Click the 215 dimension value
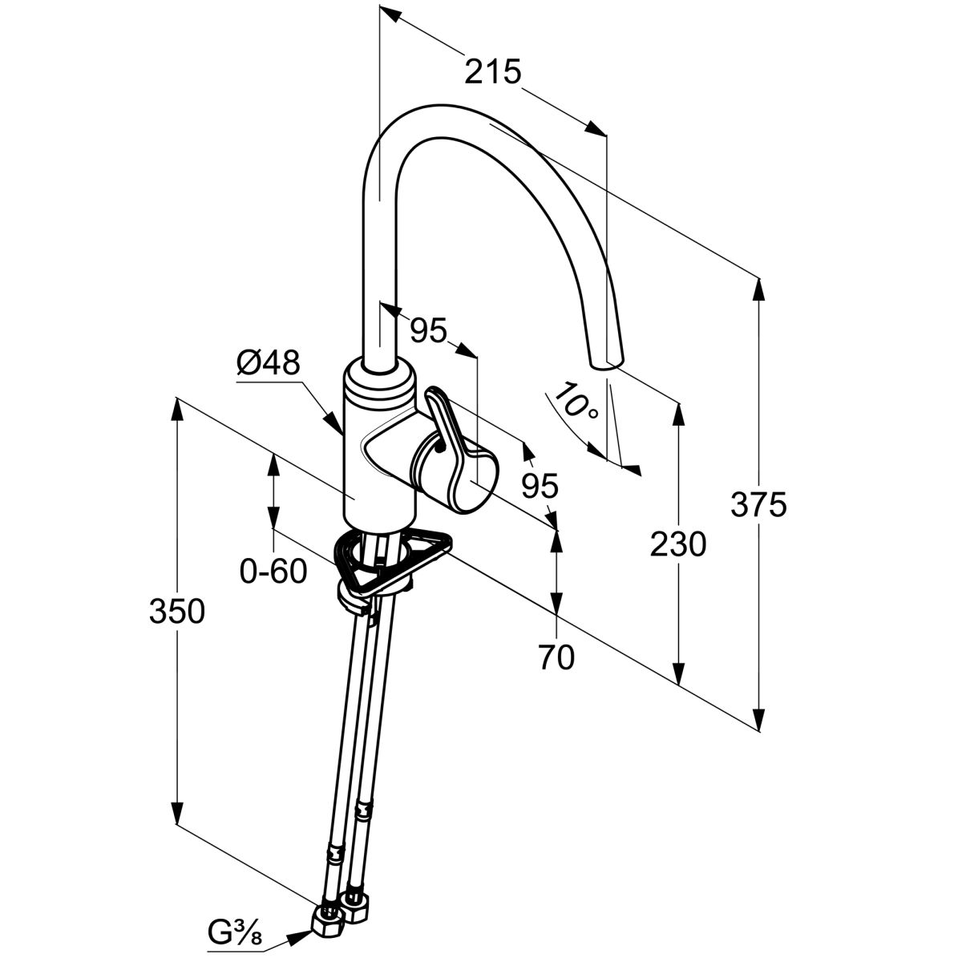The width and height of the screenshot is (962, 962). (493, 72)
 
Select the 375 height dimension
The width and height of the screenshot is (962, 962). (758, 505)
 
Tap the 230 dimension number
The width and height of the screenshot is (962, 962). (678, 545)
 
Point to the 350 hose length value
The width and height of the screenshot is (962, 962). (177, 612)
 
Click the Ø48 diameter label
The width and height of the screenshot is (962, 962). (268, 365)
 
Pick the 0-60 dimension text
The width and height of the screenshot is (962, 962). (273, 572)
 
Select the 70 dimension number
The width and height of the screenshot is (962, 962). (556, 657)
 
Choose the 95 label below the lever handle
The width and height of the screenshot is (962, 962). (539, 485)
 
